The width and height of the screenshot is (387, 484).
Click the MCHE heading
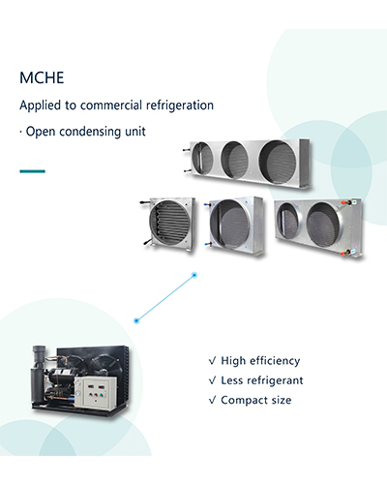click(x=42, y=77)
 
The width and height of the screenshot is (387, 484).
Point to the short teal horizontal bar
click(x=32, y=171)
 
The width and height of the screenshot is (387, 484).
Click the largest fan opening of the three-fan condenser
click(x=279, y=163)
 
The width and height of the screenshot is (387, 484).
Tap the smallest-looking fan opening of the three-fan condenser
click(x=202, y=158)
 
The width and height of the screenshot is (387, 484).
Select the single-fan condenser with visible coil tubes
click(x=169, y=224)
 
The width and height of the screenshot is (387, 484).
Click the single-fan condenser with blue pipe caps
click(x=234, y=225)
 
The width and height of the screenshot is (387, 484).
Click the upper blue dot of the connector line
click(x=194, y=275)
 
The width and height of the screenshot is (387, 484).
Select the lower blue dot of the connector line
click(x=136, y=320)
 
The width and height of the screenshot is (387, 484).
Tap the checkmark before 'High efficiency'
click(x=212, y=361)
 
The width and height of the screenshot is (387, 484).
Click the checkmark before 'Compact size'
click(x=212, y=401)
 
